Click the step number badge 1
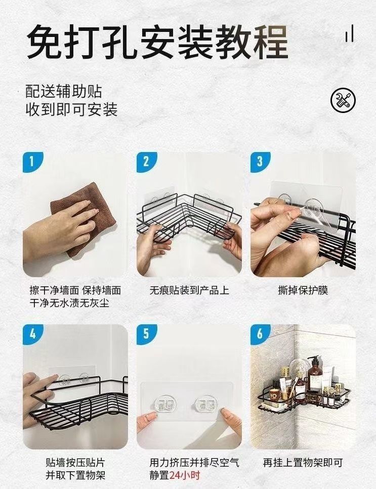[x=31, y=162]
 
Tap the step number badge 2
[x=146, y=162]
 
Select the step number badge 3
[x=260, y=162]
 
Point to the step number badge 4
[x=31, y=334]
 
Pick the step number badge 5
[x=146, y=334]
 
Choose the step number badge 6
[x=260, y=334]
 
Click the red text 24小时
[x=185, y=475]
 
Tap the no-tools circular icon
[x=343, y=100]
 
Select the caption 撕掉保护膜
[x=303, y=291]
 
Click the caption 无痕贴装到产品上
[x=189, y=291]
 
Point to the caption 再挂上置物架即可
[x=303, y=463]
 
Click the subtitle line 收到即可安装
[x=71, y=109]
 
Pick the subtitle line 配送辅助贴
[x=64, y=91]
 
